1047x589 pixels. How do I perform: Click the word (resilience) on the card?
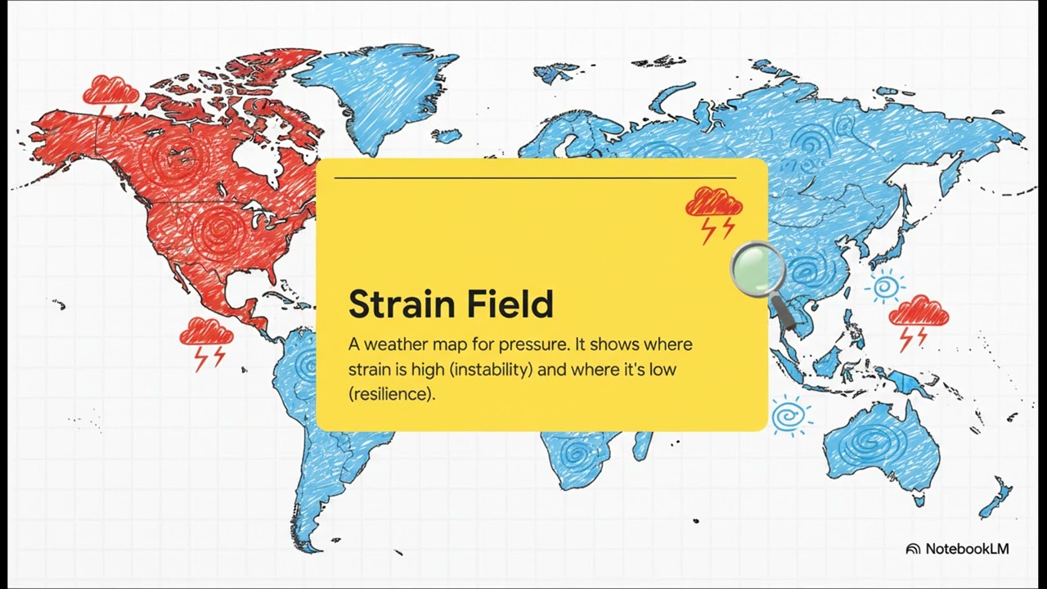click(392, 393)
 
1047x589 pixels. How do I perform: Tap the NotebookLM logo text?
click(966, 549)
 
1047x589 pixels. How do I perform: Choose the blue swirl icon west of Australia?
click(789, 416)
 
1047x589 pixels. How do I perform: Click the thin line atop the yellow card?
click(535, 178)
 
